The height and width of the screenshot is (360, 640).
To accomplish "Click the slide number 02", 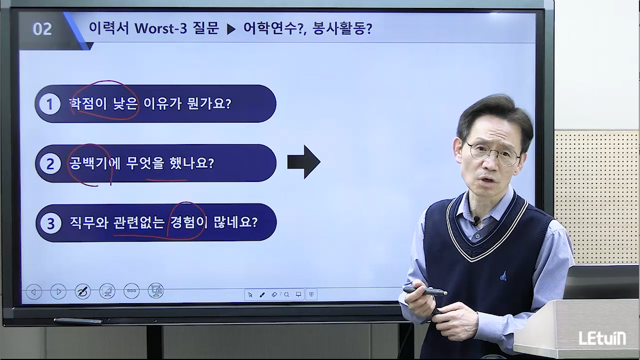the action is [42, 29].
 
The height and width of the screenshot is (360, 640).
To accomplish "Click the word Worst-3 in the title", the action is [161, 28].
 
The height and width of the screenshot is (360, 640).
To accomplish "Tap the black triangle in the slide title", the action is [231, 29].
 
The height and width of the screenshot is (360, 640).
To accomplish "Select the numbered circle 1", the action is [49, 104].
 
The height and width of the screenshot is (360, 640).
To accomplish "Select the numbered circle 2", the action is [51, 164].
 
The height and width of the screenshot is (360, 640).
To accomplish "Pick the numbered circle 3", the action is [51, 223].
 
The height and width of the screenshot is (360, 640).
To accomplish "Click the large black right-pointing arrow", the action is [304, 162].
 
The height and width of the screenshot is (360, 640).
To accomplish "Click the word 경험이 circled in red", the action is [189, 222].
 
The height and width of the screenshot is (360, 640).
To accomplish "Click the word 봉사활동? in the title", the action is [342, 28].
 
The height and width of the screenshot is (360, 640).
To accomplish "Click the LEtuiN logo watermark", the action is [602, 338].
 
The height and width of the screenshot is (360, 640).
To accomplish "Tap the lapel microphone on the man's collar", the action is [476, 220].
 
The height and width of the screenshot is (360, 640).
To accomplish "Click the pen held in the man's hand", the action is [425, 291].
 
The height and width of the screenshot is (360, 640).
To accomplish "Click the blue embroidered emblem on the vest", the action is [503, 276].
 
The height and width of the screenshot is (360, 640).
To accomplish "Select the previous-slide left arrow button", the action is [34, 292].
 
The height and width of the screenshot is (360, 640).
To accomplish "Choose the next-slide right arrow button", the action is [59, 291].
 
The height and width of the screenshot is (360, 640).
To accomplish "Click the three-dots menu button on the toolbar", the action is [131, 291].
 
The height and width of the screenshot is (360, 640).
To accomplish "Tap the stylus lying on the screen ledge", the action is [78, 321].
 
